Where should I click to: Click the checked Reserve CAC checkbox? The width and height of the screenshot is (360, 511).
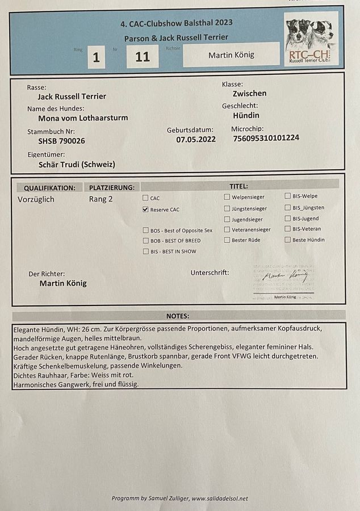point(145,210)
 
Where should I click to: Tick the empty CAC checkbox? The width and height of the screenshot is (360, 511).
point(145,198)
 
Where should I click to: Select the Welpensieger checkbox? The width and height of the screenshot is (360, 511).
point(227,197)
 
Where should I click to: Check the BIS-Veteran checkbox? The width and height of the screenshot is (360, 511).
point(288,229)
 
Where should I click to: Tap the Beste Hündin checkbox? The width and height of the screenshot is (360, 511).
point(288,240)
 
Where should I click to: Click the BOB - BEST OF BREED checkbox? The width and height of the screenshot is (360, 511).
point(145,241)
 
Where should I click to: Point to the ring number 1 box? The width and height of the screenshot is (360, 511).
point(97,57)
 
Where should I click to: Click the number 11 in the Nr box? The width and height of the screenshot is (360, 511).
point(143,57)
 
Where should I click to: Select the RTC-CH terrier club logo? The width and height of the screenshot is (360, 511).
point(311,39)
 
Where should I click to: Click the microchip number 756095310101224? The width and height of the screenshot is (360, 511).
point(266,138)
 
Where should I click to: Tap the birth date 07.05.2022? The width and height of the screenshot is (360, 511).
point(196,140)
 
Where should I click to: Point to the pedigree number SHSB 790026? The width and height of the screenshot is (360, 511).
point(61,141)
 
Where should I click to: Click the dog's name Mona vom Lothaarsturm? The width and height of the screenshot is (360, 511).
point(83,118)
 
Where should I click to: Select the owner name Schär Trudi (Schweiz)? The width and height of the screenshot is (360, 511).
point(77,165)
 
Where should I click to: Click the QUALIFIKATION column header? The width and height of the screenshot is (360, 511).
point(49,188)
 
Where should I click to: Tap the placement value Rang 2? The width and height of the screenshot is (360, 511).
point(101,199)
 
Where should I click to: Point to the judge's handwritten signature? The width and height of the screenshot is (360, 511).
point(284,277)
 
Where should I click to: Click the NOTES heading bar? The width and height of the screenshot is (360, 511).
point(178,316)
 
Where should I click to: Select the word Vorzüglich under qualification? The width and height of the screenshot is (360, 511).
point(36,199)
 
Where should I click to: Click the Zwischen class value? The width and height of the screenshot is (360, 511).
point(249,94)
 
